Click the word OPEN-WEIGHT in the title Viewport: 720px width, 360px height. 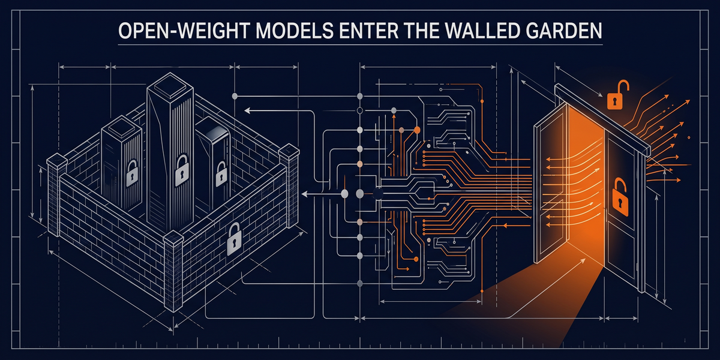[x=185, y=31]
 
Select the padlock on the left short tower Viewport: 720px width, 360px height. [x=132, y=173]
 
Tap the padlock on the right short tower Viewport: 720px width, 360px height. [x=221, y=174]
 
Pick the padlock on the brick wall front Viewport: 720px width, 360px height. [x=235, y=239]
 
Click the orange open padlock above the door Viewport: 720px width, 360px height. [x=617, y=95]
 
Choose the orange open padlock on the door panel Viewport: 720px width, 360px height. [x=620, y=197]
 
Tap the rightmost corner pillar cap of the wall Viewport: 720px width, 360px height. [x=289, y=151]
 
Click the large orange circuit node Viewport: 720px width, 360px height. [x=417, y=130]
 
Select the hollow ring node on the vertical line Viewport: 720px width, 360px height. [x=360, y=111]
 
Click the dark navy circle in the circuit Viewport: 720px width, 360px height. [x=377, y=194]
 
